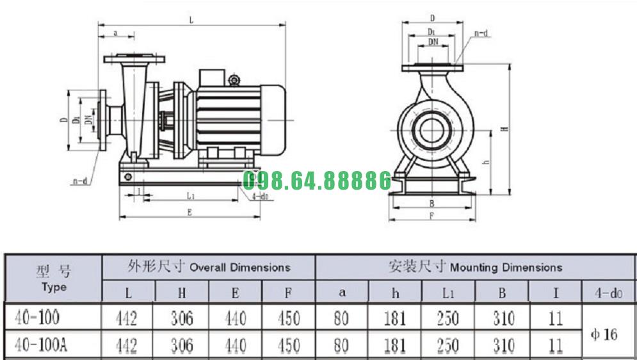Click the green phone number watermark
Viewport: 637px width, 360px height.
click(x=317, y=181)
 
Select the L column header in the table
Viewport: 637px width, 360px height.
click(x=129, y=293)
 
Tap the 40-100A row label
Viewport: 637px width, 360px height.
click(x=41, y=345)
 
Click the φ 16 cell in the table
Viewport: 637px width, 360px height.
click(x=604, y=334)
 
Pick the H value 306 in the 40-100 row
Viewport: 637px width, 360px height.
click(x=182, y=318)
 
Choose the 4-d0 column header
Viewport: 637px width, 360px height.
click(x=609, y=293)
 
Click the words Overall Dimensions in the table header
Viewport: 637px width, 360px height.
click(x=239, y=267)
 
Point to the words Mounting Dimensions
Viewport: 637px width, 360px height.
click(x=506, y=267)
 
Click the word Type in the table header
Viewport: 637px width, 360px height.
click(x=54, y=287)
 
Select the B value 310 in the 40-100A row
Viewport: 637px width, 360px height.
click(x=503, y=345)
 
